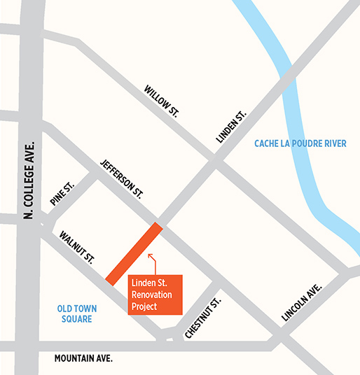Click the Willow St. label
161,101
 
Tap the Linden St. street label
232,127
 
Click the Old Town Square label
78,313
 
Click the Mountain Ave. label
83,358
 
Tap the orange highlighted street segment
134,253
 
